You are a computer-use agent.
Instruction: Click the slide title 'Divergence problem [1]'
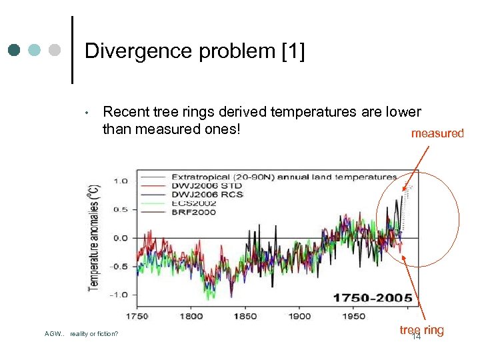coord(195,52)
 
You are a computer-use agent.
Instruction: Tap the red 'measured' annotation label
coord(437,133)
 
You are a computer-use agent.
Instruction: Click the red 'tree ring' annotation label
coord(421,330)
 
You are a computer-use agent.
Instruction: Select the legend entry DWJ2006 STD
coord(207,185)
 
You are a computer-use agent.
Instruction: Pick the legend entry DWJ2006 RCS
coord(207,194)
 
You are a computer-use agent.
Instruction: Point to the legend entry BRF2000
coord(193,211)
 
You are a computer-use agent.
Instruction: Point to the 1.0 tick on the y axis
coord(121,181)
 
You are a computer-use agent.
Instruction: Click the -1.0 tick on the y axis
coord(119,294)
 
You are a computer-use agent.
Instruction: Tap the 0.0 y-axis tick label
coord(121,238)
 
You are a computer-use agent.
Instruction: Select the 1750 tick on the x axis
coord(138,316)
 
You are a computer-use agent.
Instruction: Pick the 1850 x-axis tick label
coord(245,316)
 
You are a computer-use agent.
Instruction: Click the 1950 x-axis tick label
coord(353,316)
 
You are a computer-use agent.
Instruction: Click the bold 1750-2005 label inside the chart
coord(373,297)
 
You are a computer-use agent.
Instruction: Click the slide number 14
coord(417,337)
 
